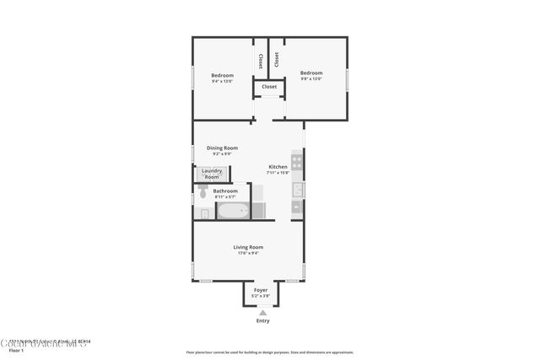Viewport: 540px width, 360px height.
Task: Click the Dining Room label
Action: point(222,148)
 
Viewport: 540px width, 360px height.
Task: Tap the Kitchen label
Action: point(278,167)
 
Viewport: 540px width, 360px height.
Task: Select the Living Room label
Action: point(248,246)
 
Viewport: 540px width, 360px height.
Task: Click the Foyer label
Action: point(261,290)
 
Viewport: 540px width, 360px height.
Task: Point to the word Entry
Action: point(263,321)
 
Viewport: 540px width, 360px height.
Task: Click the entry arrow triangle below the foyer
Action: point(262,312)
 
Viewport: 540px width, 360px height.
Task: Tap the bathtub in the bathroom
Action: point(233,211)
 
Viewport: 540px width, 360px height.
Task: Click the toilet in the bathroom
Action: point(203,193)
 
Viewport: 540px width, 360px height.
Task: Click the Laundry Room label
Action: point(212,174)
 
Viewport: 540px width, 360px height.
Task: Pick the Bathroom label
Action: point(225,191)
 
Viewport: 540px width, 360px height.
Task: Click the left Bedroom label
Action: point(222,75)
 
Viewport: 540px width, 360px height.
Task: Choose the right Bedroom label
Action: point(311,73)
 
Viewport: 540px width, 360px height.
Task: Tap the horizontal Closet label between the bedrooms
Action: point(269,87)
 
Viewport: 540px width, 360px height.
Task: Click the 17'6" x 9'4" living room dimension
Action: point(248,253)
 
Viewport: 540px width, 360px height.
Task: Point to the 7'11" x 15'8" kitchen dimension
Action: point(278,173)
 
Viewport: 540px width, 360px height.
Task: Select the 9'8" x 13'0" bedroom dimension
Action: point(311,79)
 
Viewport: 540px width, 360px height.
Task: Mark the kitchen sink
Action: point(298,189)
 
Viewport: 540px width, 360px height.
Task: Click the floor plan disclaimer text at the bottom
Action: point(269,352)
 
